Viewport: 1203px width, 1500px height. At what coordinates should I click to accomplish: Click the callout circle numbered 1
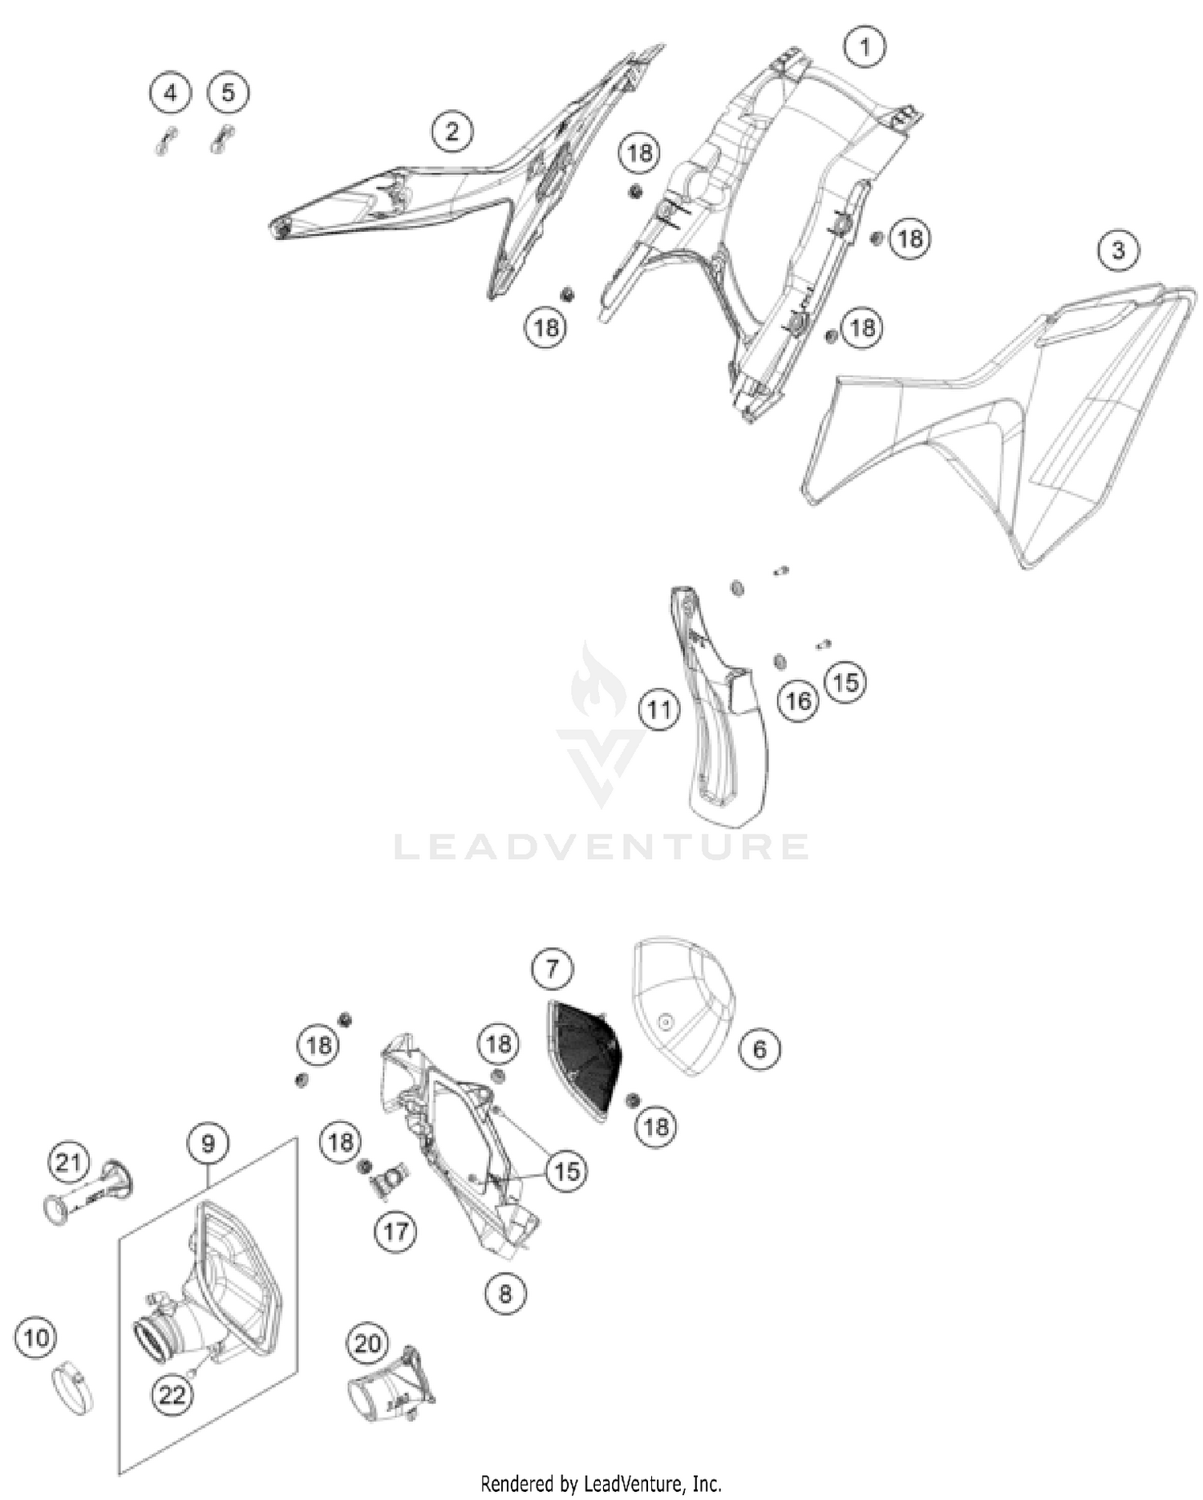click(x=865, y=47)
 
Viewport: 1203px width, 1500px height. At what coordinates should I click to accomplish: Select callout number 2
click(x=452, y=132)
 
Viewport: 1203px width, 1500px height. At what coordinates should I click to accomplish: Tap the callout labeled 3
click(x=1118, y=250)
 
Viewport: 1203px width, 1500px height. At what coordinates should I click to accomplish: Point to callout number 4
click(x=170, y=93)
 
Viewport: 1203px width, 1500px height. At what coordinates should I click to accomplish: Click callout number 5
click(x=229, y=93)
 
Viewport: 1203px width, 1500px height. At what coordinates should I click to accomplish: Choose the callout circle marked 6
click(x=760, y=1048)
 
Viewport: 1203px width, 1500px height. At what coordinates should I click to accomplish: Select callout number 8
click(x=505, y=1293)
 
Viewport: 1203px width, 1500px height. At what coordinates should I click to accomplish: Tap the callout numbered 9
click(x=209, y=1143)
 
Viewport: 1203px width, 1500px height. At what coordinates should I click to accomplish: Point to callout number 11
click(x=659, y=710)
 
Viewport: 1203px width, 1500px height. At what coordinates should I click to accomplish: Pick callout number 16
click(x=798, y=702)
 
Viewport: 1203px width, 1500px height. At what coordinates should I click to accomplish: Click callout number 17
click(x=396, y=1230)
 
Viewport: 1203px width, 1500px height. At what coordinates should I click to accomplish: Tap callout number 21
click(x=68, y=1162)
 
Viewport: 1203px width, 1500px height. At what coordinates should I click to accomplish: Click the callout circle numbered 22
click(x=172, y=1395)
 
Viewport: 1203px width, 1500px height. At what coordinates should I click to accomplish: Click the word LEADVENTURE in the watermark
click(x=601, y=847)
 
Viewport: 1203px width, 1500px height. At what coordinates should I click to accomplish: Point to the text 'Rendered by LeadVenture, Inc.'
click(x=601, y=1483)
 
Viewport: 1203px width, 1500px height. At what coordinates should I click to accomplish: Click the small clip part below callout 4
click(x=165, y=141)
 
